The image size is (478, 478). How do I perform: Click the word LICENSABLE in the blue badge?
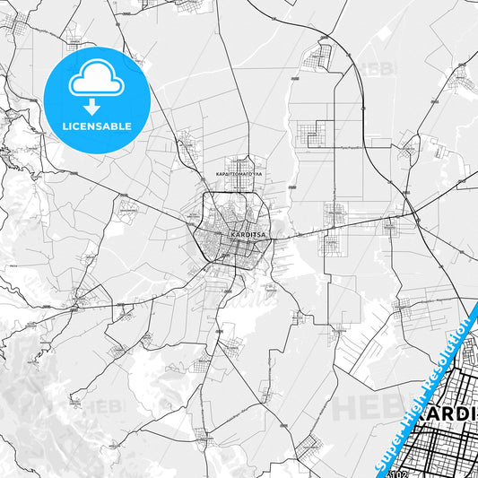click(x=96, y=125)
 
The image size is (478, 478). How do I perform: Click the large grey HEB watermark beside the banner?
click(x=363, y=408)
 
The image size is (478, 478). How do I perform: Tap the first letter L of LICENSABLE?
click(x=65, y=125)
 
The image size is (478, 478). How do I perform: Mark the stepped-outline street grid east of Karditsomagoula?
click(x=314, y=135)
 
